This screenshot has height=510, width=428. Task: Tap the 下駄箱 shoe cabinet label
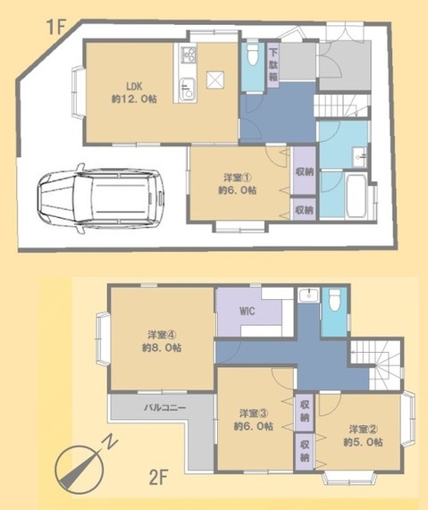(x=273, y=64)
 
